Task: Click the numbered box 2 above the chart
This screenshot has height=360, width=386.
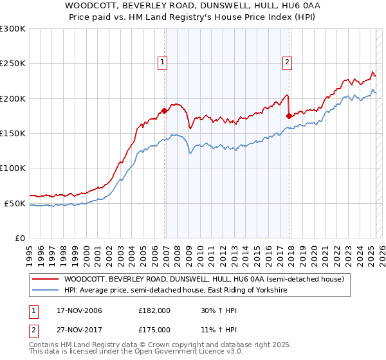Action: tap(286, 62)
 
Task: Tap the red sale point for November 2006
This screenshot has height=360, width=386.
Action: tap(165, 111)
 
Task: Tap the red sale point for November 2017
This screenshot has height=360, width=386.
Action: tap(289, 116)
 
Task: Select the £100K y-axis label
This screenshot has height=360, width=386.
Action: tap(13, 168)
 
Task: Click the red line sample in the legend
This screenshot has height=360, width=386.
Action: tap(46, 279)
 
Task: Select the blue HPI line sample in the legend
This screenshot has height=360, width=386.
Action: tap(46, 291)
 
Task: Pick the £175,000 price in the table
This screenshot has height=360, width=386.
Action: tap(154, 330)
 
